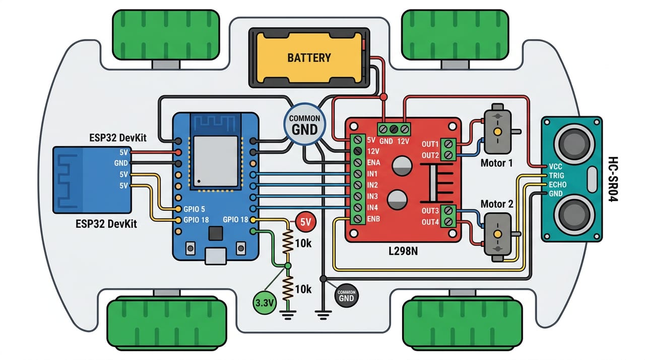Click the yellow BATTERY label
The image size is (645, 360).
[x=309, y=58]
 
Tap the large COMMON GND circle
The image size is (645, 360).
[x=305, y=125]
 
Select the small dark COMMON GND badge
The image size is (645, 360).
[x=346, y=296]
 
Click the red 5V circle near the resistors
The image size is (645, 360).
[x=306, y=222]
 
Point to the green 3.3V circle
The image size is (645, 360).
[x=265, y=303]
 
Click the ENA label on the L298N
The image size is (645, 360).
[x=373, y=163]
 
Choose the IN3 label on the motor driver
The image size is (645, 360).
[x=372, y=197]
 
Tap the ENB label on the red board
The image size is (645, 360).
[x=373, y=219]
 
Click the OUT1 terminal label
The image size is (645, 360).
[x=430, y=144]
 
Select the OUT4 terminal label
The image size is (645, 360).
[x=430, y=222]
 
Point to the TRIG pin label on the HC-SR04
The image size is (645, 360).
[x=556, y=175]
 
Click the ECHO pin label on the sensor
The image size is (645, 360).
[x=557, y=185]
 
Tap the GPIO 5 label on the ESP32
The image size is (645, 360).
[x=195, y=209]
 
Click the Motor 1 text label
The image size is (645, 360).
[x=497, y=163]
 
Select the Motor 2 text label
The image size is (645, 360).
[x=497, y=204]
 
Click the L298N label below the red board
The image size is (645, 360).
[x=403, y=252]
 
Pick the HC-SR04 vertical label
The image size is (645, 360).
[x=613, y=179]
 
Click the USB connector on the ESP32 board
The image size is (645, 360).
[x=215, y=256]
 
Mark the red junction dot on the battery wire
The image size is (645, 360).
[x=383, y=97]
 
